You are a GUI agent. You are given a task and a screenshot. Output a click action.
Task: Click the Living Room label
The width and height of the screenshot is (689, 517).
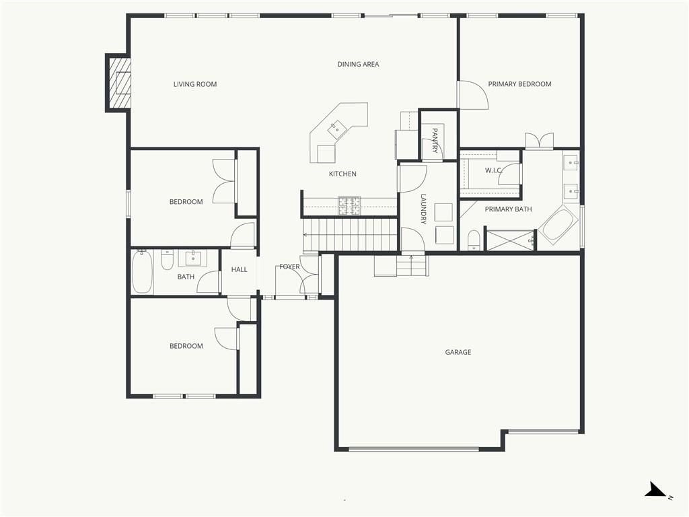pos(195,84)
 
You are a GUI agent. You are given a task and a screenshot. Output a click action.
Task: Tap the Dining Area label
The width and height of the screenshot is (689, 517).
pos(358,64)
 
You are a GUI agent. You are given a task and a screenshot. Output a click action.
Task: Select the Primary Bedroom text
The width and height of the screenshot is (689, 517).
pos(520,84)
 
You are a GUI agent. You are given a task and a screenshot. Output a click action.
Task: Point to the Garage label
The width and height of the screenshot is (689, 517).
pos(458,352)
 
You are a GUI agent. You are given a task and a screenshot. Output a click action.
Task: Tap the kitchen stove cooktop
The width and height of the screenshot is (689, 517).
pos(349,206)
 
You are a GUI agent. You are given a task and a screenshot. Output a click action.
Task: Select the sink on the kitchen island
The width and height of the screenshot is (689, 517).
pos(337,129)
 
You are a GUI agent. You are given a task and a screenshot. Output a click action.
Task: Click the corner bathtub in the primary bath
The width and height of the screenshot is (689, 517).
pos(558,225)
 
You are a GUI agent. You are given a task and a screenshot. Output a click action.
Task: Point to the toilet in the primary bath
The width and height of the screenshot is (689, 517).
pos(474,240)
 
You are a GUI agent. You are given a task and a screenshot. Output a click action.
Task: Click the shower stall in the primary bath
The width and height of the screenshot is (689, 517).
pos(510,240)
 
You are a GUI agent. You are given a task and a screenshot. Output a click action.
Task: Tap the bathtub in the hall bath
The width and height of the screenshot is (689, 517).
pos(142,272)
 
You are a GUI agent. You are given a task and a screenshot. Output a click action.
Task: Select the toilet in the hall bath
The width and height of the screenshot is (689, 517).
pos(167,260)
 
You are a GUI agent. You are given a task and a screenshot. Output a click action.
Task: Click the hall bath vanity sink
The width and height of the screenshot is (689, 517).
pos(192,258)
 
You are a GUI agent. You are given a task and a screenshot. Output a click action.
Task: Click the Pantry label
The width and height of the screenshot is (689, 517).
pos(435,141)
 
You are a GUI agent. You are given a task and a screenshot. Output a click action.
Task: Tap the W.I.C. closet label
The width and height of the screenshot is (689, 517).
pos(493,170)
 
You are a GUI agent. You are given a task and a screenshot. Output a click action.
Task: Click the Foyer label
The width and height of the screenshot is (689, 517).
pos(289,267)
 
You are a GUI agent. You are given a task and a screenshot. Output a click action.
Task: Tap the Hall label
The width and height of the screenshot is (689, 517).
pos(239,269)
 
